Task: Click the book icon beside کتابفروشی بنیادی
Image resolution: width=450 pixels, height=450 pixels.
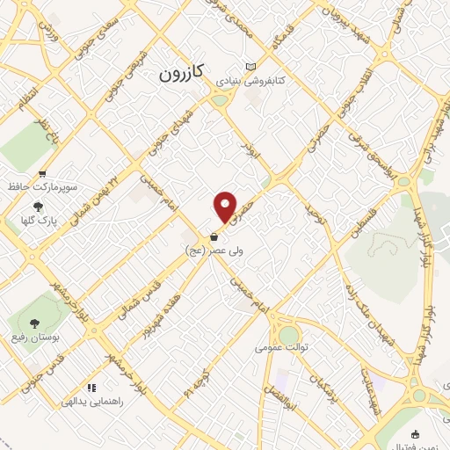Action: click(252, 67)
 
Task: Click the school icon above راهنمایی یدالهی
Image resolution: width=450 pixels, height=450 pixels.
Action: click(91, 387)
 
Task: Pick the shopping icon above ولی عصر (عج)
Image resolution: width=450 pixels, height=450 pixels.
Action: click(214, 236)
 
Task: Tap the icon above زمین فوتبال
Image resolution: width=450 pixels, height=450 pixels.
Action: click(416, 433)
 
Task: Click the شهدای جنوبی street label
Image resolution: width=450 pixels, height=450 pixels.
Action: click(163, 132)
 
